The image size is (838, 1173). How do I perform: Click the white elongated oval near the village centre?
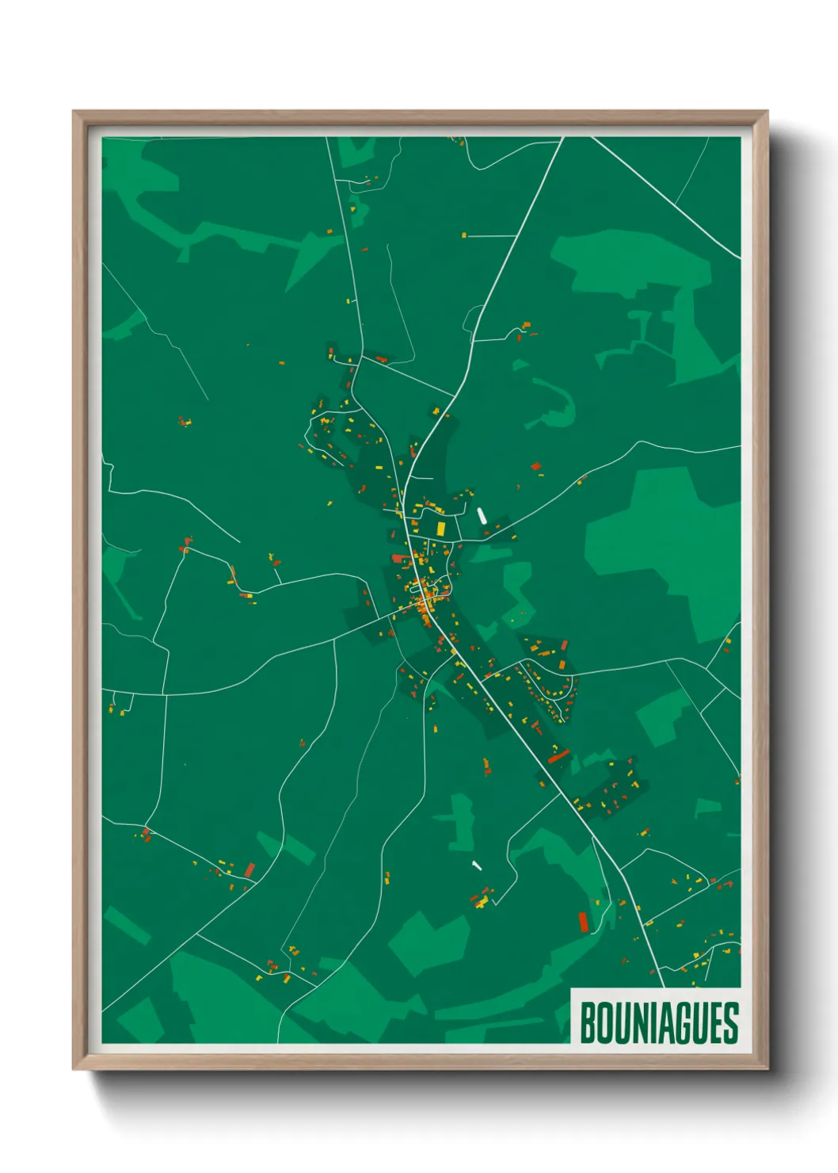pos(481,516)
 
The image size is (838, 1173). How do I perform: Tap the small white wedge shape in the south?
pos(476,865)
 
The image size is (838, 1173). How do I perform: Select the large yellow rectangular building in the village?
pos(441,529)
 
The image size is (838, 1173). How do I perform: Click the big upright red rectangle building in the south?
pos(584,922)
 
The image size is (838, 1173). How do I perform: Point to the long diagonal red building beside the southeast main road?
pos(558,757)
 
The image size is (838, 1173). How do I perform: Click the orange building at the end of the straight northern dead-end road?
pos(465,235)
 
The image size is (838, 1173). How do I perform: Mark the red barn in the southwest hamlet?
pos(249,870)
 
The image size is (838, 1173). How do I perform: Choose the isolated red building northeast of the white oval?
pos(535,467)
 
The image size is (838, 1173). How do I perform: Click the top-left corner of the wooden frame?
pos(74,112)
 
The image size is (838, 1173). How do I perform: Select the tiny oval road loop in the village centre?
pos(419,590)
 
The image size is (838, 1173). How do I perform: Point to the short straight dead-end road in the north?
pos(491,235)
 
